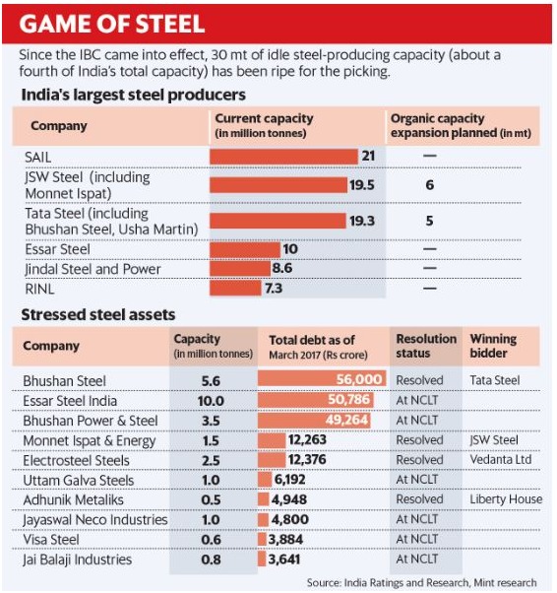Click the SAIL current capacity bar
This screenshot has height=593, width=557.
click(x=283, y=157)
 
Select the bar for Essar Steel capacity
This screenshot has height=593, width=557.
click(x=245, y=249)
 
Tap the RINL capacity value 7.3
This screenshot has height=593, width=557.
click(x=274, y=289)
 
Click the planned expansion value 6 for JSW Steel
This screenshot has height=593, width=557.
click(x=430, y=185)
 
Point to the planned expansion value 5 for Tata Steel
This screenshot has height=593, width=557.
click(x=430, y=221)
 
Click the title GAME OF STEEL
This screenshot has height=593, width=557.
click(x=112, y=24)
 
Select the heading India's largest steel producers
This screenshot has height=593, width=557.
click(x=134, y=95)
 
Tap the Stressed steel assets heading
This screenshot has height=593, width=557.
click(x=98, y=314)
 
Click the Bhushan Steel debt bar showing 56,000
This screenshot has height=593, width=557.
click(x=322, y=378)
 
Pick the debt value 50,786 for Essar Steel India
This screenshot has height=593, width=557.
click(x=348, y=399)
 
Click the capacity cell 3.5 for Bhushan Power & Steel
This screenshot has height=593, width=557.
click(x=211, y=421)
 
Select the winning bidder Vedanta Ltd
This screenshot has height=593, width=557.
click(x=501, y=459)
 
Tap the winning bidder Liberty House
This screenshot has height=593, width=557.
click(x=506, y=499)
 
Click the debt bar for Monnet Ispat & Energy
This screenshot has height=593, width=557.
click(x=272, y=440)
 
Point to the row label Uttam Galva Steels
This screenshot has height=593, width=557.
click(x=79, y=481)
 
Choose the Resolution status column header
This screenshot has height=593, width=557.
click(x=426, y=346)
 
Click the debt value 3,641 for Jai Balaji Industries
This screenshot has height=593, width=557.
click(x=284, y=559)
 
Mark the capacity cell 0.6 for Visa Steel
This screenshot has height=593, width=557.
click(x=211, y=540)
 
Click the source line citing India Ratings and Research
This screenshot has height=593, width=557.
click(x=422, y=583)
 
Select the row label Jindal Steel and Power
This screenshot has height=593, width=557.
click(x=93, y=269)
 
